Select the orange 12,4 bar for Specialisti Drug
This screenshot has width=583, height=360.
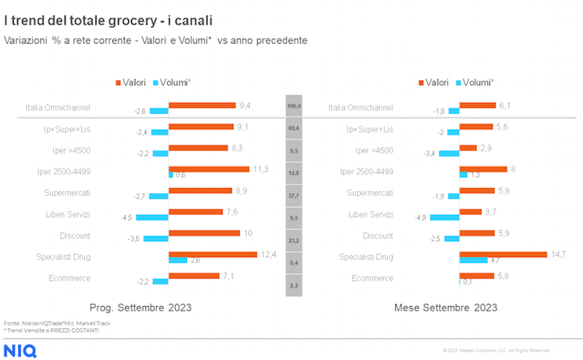coord(212,254)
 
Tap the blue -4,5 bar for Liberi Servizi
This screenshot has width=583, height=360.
coord(152,217)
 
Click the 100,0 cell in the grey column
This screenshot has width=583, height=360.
coord(294,107)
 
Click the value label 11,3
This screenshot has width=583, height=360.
coord(261,169)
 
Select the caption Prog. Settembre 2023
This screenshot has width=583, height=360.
coord(140,307)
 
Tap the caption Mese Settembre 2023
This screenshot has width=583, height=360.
coord(446,307)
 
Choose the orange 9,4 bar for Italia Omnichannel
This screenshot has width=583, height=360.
coord(202,105)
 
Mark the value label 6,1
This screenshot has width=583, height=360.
coord(505,105)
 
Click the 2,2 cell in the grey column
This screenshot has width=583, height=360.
coord(294,286)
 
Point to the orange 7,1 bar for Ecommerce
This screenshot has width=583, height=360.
coord(194,275)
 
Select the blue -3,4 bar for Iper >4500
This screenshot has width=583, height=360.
coord(449,153)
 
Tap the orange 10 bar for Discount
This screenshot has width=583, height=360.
coord(204,233)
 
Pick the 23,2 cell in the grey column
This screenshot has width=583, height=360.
coord(294,240)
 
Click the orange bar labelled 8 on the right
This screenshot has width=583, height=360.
coord(484,169)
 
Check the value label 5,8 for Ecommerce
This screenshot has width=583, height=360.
coord(503,275)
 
